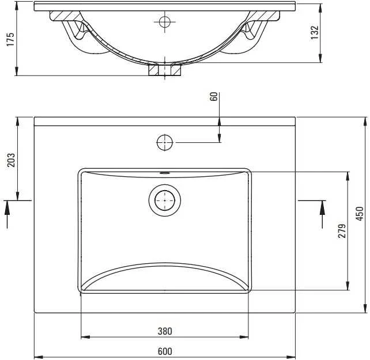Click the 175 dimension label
tap(10, 39)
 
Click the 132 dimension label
tap(314, 32)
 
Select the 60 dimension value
tap(214, 97)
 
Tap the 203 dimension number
tap(11, 160)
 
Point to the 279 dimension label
tap(342, 231)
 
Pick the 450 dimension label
tap(360, 214)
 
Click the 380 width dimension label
tap(165, 331)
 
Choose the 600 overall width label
tap(165, 351)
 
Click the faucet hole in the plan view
tap(165, 142)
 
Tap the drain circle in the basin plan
tap(165, 200)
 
